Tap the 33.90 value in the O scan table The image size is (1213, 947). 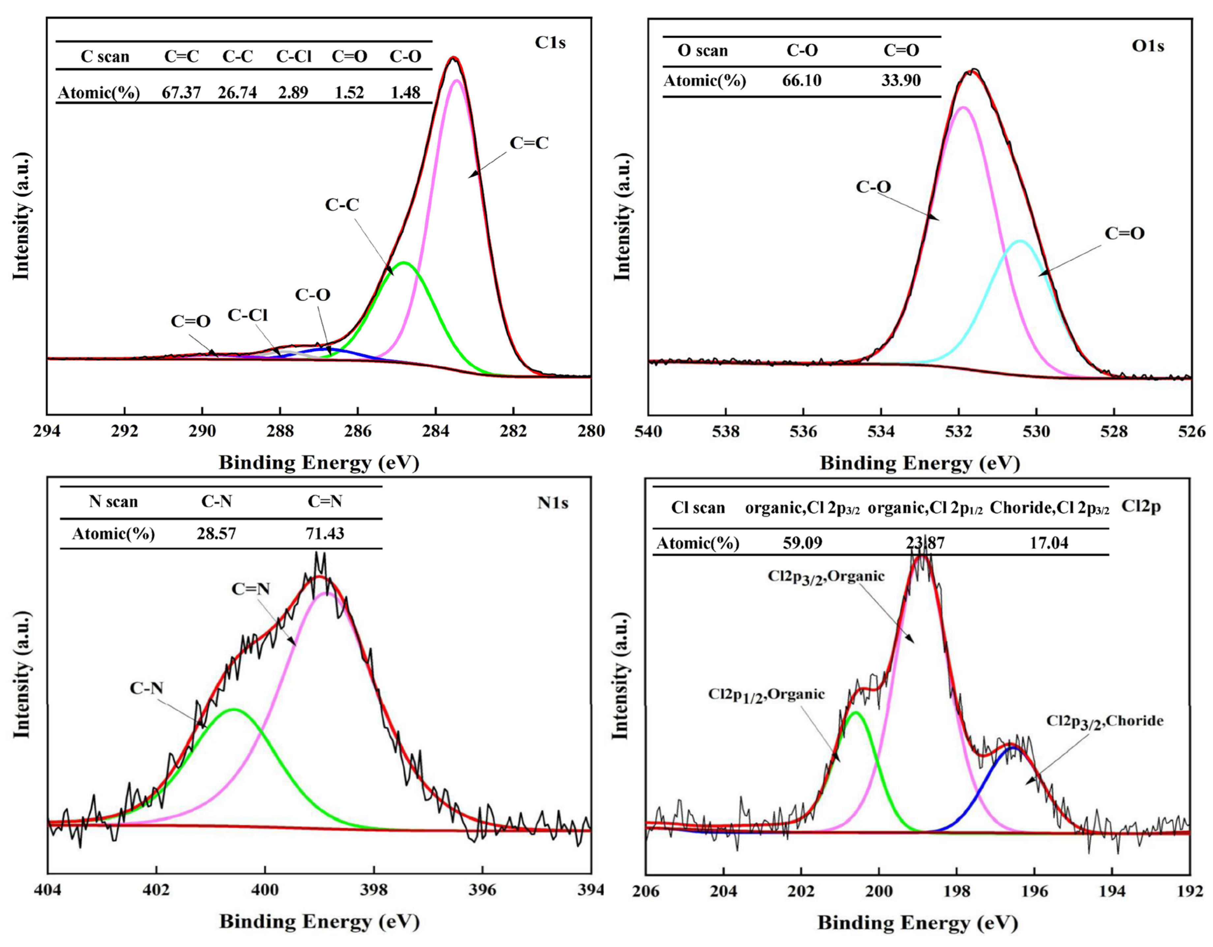(x=901, y=80)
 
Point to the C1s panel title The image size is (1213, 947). (x=550, y=43)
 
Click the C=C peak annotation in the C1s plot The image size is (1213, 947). (x=529, y=143)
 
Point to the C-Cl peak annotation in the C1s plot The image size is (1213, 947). (x=248, y=315)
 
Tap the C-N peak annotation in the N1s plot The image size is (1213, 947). (x=147, y=688)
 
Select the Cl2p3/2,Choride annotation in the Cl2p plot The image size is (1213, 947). (x=1105, y=721)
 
